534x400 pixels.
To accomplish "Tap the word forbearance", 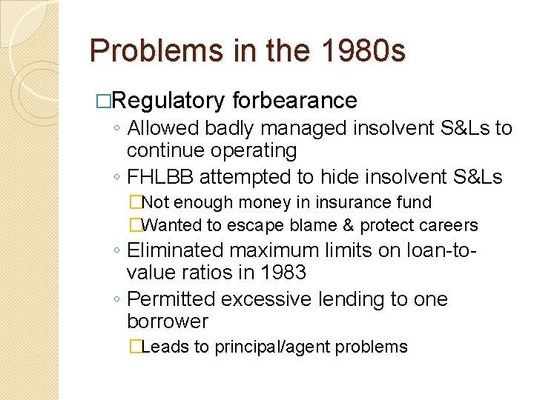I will click(294, 100).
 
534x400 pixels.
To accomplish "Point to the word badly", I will click(227, 128).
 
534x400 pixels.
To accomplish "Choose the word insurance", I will click(323, 202).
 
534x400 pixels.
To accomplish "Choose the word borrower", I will click(167, 321).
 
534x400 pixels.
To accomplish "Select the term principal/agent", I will click(289, 347).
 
